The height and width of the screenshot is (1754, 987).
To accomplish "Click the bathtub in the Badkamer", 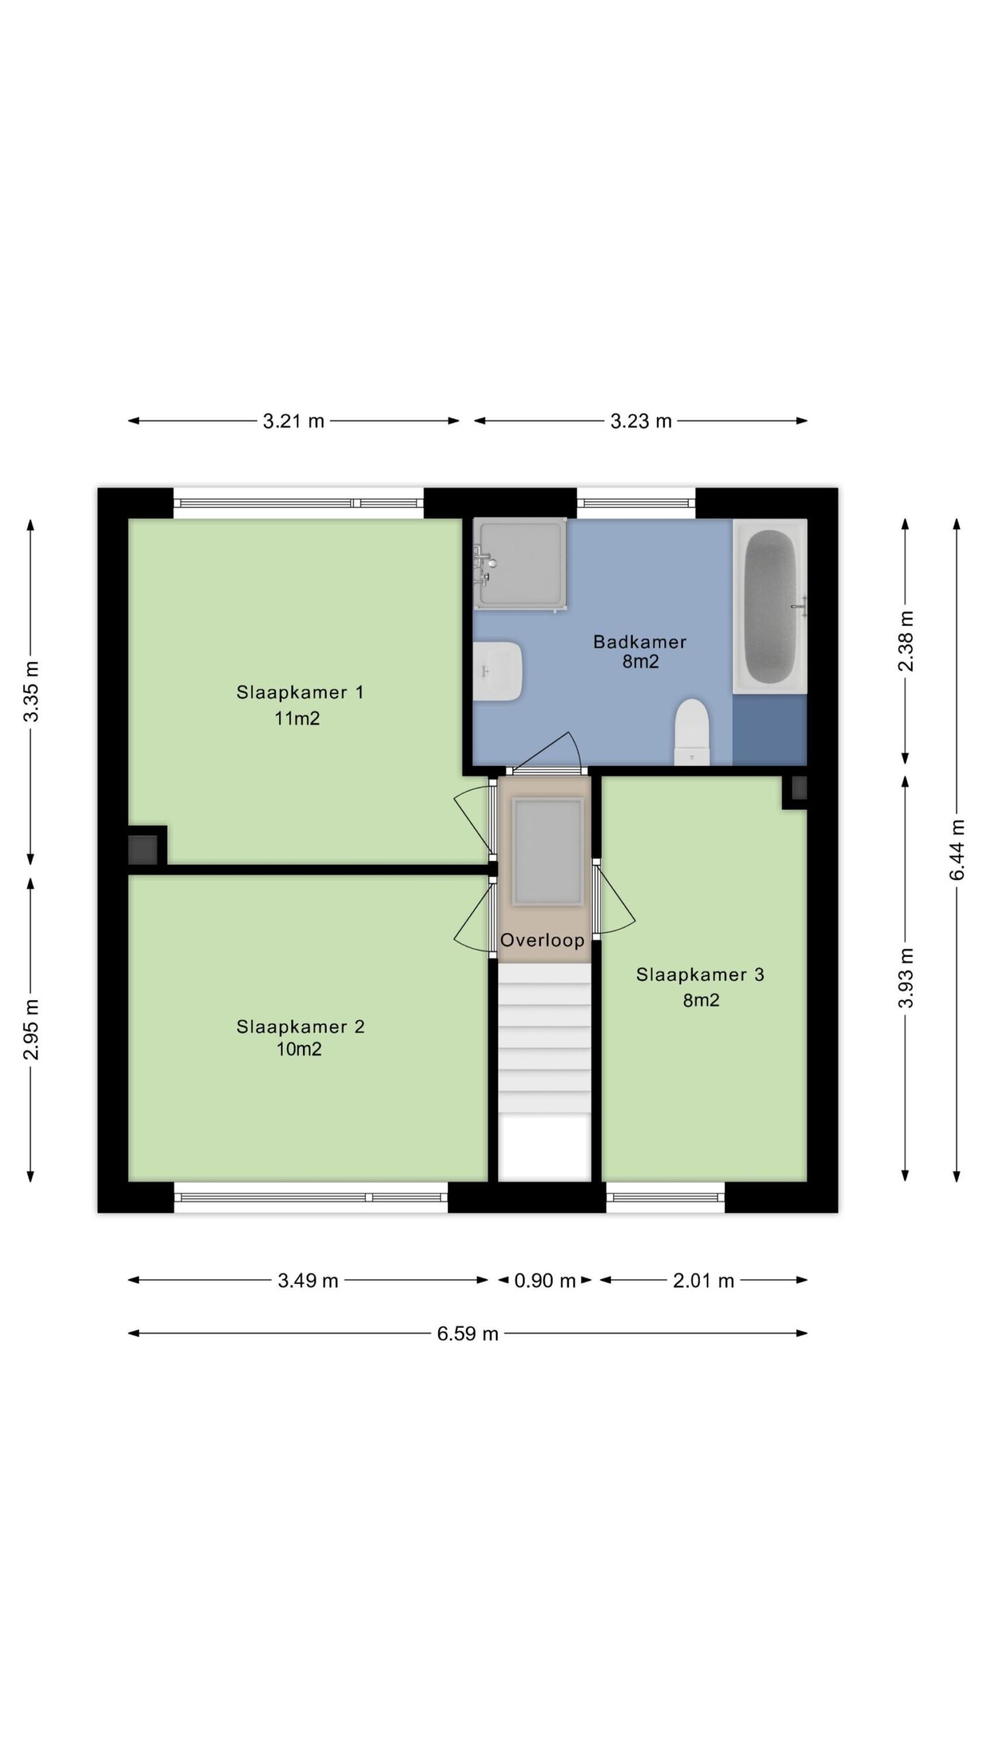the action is [x=770, y=606].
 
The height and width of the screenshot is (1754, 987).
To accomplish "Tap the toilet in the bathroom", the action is [x=691, y=731].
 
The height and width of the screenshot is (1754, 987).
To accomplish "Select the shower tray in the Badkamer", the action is [x=520, y=563].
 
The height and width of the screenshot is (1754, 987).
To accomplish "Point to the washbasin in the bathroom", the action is [x=499, y=671].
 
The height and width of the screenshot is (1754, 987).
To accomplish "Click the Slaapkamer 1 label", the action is [x=300, y=692].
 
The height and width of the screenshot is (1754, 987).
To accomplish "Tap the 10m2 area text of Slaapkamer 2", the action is [x=299, y=1049].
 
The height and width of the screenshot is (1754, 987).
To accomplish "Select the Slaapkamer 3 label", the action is [x=700, y=974].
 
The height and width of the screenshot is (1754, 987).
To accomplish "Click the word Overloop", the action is [x=542, y=940].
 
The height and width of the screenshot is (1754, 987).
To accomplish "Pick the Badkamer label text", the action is [x=639, y=642].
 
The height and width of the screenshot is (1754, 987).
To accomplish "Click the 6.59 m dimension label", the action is [x=467, y=1333].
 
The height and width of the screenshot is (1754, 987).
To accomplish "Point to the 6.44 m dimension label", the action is [x=958, y=850].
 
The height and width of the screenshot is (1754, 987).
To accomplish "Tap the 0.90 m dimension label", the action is [x=545, y=1280].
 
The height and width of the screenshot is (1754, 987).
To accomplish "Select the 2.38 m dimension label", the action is [x=906, y=641].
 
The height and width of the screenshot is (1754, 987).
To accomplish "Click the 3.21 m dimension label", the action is [x=293, y=421].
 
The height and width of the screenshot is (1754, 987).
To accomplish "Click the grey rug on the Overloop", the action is [x=547, y=852].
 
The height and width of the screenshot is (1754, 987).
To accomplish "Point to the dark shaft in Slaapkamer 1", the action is [x=143, y=850].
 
